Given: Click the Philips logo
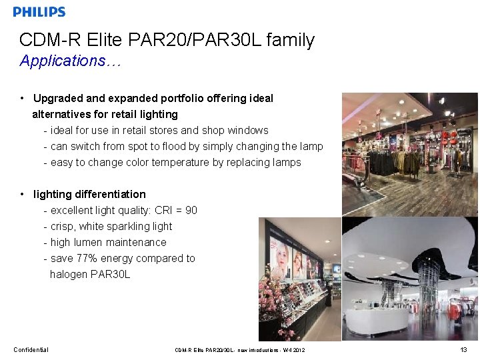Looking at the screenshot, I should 39,12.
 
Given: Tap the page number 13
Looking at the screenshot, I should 463,350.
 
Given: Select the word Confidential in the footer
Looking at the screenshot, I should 31,350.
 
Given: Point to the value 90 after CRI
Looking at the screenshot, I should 191,211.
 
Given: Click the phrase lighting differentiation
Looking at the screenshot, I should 89,195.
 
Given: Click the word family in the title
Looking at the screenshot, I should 290,40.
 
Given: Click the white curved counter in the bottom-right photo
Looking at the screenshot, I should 380,320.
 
